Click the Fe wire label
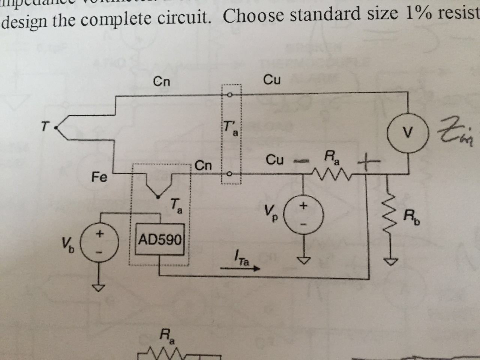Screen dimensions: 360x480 pyautogui.click(x=99, y=177)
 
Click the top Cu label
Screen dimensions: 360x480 pyautogui.click(x=272, y=80)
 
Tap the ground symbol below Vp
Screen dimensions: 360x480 pyautogui.click(x=303, y=260)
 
